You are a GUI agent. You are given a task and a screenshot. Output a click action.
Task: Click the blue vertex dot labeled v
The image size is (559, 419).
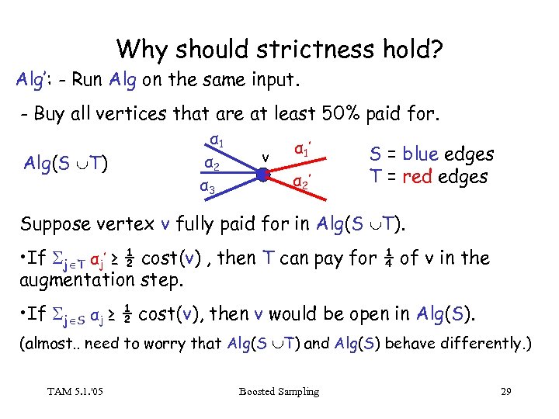(x=265, y=176)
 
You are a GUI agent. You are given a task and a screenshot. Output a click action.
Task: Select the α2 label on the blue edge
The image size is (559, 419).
(x=208, y=164)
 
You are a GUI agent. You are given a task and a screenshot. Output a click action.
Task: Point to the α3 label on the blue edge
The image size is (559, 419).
(x=207, y=189)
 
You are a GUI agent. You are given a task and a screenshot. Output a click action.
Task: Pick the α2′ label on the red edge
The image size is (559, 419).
(x=301, y=183)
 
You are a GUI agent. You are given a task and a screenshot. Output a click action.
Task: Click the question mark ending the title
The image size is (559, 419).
(x=436, y=50)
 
